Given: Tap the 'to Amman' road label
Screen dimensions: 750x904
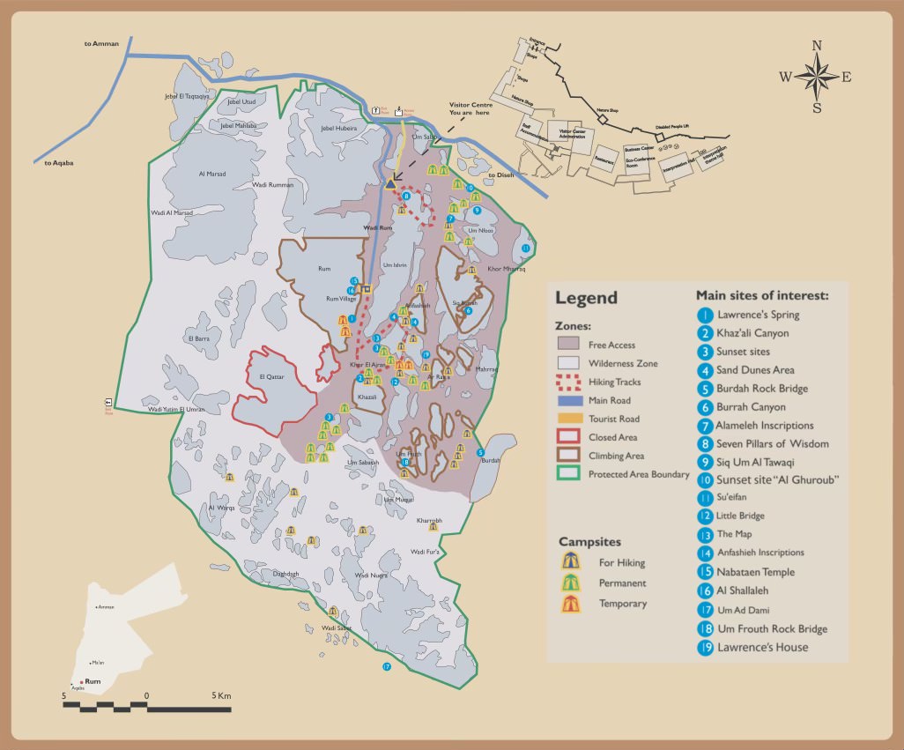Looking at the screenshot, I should click(x=101, y=43).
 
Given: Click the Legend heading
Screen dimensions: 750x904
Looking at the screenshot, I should click(x=586, y=298).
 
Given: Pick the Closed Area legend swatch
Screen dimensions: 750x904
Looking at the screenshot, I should click(x=570, y=437).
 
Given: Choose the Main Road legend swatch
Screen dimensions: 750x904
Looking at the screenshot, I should click(x=570, y=400).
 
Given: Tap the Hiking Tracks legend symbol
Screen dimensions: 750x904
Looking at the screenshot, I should click(x=570, y=382).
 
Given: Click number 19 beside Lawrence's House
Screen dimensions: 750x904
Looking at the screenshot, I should click(x=705, y=648).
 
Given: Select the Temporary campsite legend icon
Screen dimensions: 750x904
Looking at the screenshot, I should click(x=570, y=604).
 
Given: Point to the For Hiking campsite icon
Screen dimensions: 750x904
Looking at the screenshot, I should click(x=570, y=561).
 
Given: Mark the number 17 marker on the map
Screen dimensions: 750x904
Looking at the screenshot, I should click(x=386, y=667).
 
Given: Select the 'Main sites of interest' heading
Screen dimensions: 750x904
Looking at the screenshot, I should click(x=762, y=295).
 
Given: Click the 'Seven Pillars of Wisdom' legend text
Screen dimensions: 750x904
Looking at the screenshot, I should click(x=773, y=443).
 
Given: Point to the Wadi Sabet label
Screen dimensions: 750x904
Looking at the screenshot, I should click(x=337, y=627).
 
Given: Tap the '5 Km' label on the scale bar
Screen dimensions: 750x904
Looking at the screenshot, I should click(x=221, y=696).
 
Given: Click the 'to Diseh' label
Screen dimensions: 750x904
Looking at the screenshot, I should click(x=500, y=175).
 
